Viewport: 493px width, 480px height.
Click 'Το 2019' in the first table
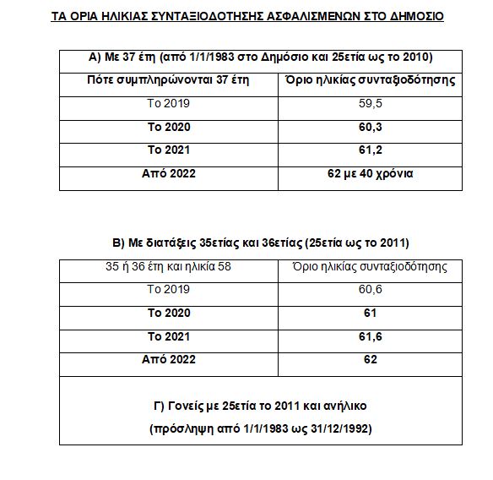coord(168,103)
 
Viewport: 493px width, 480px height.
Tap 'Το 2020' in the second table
coord(168,313)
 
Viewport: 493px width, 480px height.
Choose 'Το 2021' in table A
coord(168,150)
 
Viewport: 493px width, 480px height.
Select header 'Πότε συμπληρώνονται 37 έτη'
coord(168,79)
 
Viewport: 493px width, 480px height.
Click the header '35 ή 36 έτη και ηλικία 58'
coord(168,266)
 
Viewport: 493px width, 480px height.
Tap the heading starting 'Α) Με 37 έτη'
coord(261,57)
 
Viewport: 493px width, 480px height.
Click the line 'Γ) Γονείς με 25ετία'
coord(261,405)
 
